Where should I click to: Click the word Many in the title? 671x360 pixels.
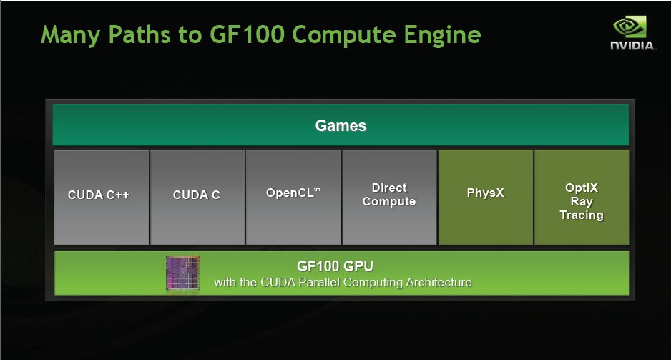(70, 35)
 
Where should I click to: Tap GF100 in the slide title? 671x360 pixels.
(247, 34)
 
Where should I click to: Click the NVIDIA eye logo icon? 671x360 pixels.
(630, 27)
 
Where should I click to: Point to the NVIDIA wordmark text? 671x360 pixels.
(632, 45)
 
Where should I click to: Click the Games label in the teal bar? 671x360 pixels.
(341, 125)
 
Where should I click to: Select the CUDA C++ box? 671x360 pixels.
(102, 198)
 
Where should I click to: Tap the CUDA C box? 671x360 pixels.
(197, 198)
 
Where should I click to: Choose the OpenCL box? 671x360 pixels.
(293, 198)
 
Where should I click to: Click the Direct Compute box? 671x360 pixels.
(389, 198)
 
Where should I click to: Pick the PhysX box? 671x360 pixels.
(486, 198)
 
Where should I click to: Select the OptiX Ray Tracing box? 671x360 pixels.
(582, 198)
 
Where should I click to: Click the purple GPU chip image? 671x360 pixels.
(182, 273)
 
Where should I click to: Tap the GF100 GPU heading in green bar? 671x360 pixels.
(335, 266)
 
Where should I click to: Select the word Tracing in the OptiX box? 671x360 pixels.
(582, 215)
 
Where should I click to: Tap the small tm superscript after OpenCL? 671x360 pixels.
(317, 189)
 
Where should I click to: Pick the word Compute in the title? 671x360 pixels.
(344, 35)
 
